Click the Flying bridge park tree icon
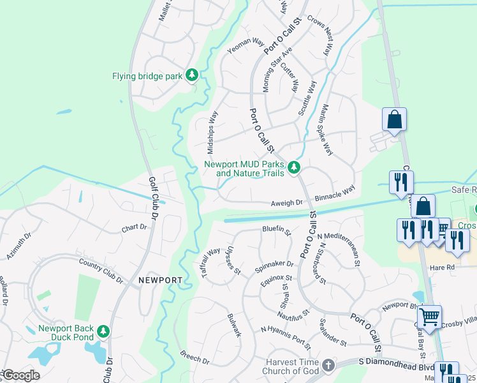tap(192, 75)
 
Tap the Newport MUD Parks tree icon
tap(294, 168)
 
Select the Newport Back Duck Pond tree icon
tap(103, 331)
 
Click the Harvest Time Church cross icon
tap(328, 365)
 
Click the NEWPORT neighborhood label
tap(160, 280)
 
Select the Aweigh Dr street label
tap(286, 202)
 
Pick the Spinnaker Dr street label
tap(274, 263)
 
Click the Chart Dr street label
tap(134, 227)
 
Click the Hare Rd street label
tap(441, 267)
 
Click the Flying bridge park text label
tap(147, 76)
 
